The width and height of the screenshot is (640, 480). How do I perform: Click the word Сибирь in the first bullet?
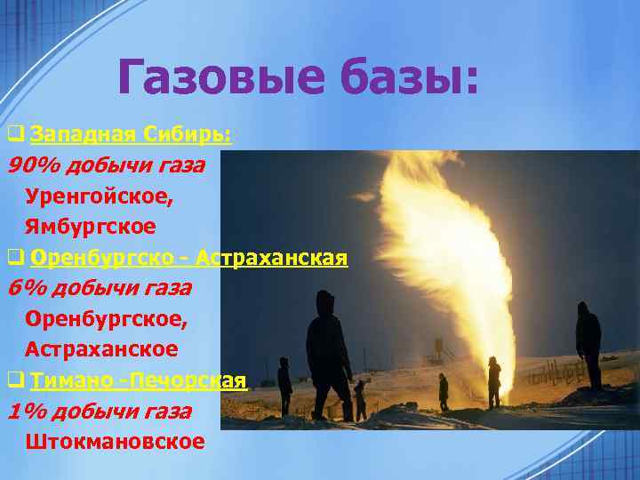(x=188, y=134)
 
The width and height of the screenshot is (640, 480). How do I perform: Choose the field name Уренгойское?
(x=100, y=196)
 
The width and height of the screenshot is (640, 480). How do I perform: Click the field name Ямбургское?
(x=91, y=226)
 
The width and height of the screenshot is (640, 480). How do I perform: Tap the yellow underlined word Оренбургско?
(x=104, y=258)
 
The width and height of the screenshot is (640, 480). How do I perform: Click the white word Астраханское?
(x=101, y=349)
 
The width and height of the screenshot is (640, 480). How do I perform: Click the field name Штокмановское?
(x=115, y=441)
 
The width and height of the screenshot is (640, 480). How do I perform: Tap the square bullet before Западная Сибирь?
(x=15, y=135)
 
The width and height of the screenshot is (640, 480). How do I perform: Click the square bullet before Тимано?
(x=15, y=380)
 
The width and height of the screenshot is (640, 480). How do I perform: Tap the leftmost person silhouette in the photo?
(x=284, y=387)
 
